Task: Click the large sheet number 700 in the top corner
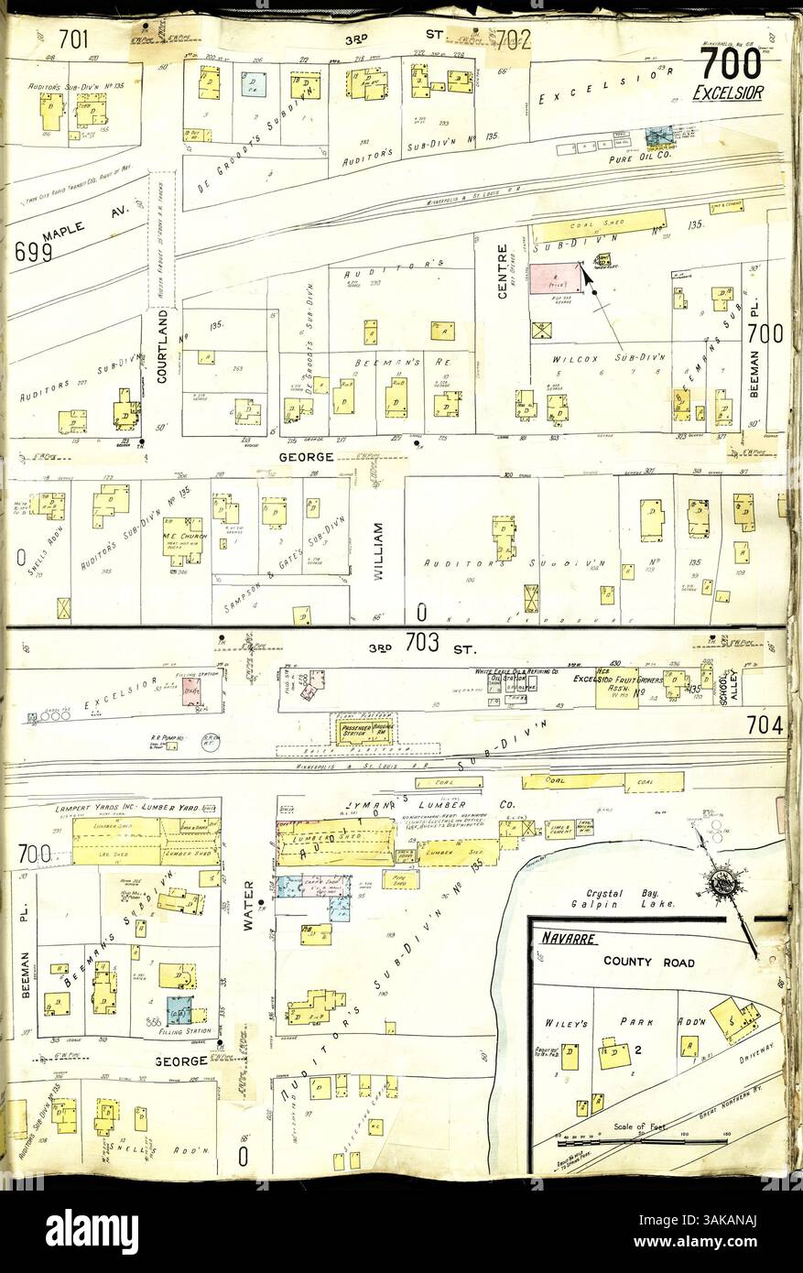click(x=730, y=63)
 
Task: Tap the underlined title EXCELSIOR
click(x=729, y=92)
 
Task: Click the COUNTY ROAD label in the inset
click(x=648, y=962)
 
